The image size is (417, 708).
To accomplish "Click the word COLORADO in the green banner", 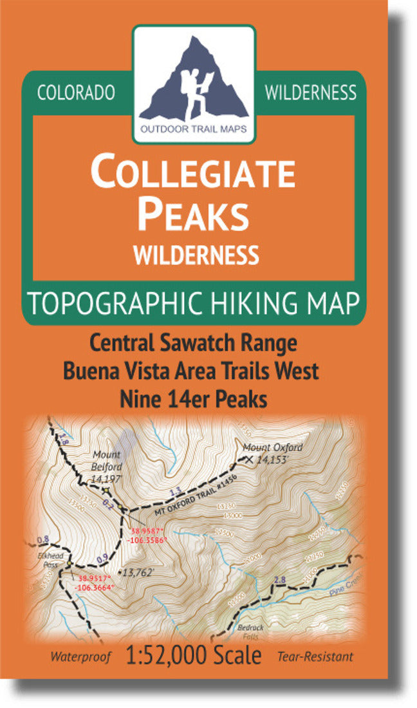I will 76,93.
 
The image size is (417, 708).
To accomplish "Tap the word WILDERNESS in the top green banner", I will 310,93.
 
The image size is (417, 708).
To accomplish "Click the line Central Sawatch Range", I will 193,343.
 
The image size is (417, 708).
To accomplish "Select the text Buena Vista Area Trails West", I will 193,371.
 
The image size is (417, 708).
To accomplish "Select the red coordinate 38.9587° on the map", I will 149,532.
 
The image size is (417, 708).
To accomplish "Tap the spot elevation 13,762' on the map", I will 141,570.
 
